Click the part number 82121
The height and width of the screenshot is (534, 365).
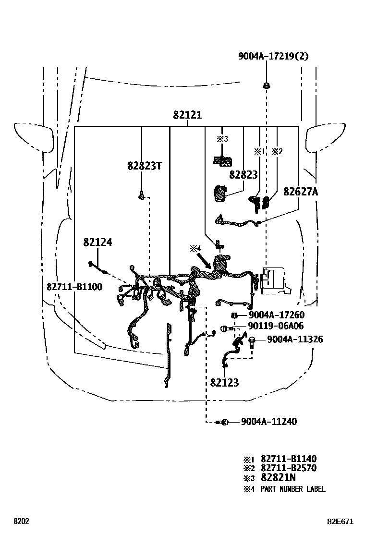tap(187, 115)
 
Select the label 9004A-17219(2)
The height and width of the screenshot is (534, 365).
tap(273, 56)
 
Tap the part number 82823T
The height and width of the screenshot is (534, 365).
tap(145, 166)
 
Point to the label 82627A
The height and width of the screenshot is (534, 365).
tap(301, 192)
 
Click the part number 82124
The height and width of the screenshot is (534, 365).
tap(97, 242)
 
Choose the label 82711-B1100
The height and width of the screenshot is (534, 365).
tap(74, 287)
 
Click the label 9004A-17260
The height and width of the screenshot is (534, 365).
tap(277, 315)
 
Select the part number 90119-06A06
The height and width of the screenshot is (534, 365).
tap(276, 326)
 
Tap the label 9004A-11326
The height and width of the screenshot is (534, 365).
tap(295, 339)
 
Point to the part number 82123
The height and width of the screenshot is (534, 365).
tap(224, 382)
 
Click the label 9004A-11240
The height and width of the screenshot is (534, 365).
tap(269, 422)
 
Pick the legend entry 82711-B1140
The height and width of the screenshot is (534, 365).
tap(289, 459)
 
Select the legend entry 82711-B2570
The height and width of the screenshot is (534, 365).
tap(289, 468)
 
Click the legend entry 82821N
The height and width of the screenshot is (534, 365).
tap(278, 477)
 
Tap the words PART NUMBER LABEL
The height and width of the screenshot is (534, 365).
tap(293, 489)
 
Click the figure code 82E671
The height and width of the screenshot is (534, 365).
tap(340, 522)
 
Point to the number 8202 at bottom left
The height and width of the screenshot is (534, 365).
tap(21, 522)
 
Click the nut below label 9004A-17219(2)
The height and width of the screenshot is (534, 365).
tap(266, 85)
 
